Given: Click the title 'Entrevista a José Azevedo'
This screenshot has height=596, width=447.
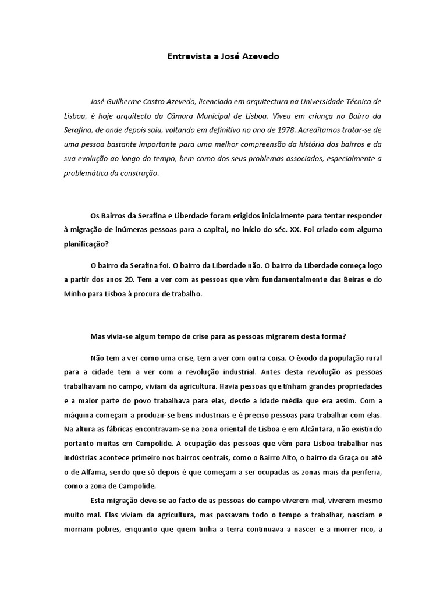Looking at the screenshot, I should pos(223,57).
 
